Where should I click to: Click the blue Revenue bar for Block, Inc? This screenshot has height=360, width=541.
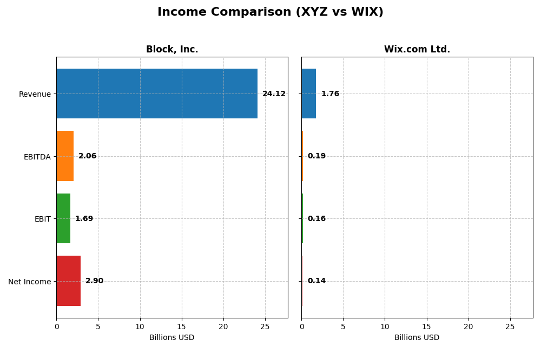[x=157, y=94]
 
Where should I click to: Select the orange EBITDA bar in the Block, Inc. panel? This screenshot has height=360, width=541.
[x=65, y=156]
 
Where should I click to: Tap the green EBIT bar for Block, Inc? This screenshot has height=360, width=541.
[x=63, y=218]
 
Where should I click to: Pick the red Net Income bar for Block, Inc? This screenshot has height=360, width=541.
[x=68, y=281]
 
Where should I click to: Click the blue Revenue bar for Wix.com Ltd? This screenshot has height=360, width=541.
[x=308, y=94]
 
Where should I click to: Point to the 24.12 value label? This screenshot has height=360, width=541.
[x=274, y=94]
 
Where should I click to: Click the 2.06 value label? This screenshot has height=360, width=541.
[x=87, y=156]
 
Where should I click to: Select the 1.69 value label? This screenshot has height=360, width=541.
[x=84, y=219]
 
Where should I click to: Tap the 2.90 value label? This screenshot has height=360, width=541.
[x=94, y=281]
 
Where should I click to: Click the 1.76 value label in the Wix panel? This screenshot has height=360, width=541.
[x=330, y=94]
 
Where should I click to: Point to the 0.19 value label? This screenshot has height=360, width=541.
[x=316, y=156]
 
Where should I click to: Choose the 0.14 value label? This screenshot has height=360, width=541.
[x=316, y=281]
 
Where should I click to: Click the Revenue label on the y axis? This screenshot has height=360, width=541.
[x=35, y=94]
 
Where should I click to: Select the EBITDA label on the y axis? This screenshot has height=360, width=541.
[x=37, y=157]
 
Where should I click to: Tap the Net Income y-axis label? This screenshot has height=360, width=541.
[x=29, y=282]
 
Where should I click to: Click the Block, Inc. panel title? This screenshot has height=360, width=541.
[x=172, y=50]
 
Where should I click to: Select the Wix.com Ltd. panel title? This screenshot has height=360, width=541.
[x=417, y=50]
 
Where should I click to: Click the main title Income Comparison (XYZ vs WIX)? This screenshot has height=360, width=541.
[x=270, y=12]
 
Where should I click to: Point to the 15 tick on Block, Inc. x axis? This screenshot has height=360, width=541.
[x=181, y=326]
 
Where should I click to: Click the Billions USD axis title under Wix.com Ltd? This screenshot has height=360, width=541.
[x=417, y=338]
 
